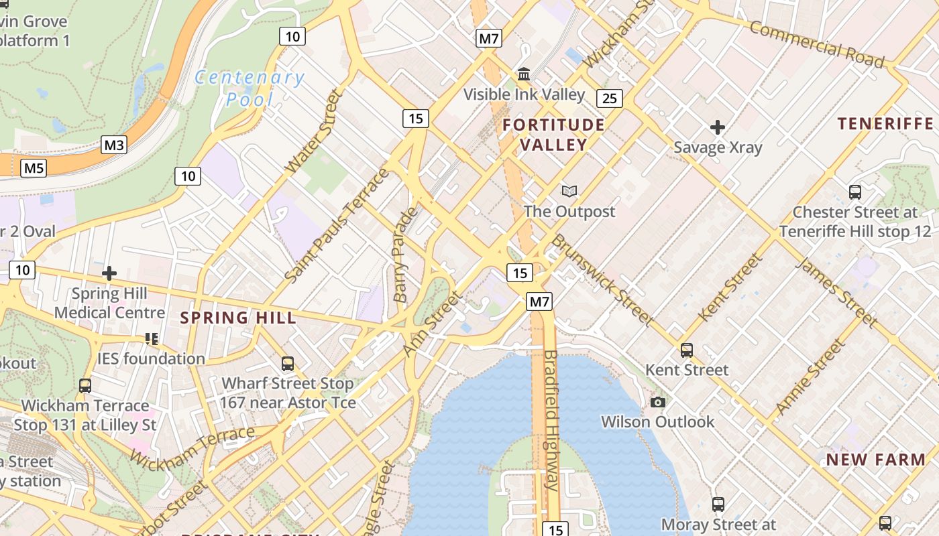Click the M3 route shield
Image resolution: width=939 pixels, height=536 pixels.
click(x=114, y=145)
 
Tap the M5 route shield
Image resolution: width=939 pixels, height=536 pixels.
click(x=34, y=167)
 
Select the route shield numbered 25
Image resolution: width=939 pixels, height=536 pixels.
click(x=609, y=99)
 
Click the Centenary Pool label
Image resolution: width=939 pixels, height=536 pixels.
click(x=250, y=88)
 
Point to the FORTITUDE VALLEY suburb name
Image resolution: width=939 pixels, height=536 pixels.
click(x=553, y=135)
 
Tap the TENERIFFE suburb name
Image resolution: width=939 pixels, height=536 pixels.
click(x=885, y=123)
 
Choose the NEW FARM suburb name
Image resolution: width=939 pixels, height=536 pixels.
click(x=875, y=460)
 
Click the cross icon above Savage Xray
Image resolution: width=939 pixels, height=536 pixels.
click(x=718, y=127)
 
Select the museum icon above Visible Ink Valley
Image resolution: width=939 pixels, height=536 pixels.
click(x=524, y=73)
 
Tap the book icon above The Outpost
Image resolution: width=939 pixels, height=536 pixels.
click(x=569, y=192)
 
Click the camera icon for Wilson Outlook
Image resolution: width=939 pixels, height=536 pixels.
click(x=657, y=402)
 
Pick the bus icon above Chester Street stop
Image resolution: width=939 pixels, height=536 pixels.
click(x=854, y=192)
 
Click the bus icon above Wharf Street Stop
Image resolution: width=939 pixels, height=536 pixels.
click(x=287, y=364)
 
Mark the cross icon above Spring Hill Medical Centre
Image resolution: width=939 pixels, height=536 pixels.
click(x=109, y=273)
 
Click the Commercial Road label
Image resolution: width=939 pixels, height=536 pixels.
click(x=816, y=44)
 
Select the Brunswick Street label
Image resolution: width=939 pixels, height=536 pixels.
click(x=602, y=280)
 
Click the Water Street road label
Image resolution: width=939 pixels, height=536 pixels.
click(x=314, y=132)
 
